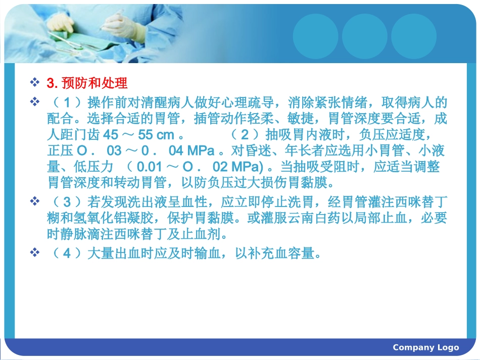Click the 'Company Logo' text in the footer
tap(426, 347)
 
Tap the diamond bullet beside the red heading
tap(35, 82)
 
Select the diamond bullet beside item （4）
tap(35, 253)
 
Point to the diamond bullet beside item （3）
tap(35, 202)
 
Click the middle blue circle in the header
tap(364, 36)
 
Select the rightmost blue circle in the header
tap(413, 36)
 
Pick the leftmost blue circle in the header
tap(315, 36)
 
